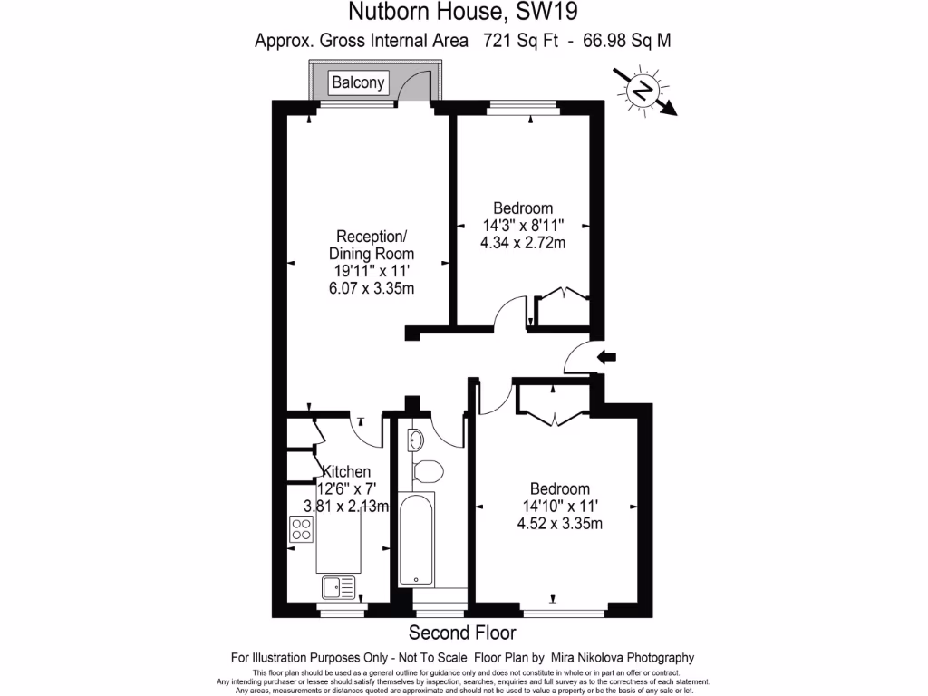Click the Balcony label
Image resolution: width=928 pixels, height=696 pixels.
point(358,83)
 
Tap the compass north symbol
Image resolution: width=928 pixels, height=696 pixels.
point(643,90)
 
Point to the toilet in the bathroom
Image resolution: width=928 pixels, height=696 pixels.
point(425,470)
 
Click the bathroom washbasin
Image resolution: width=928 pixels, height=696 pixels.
point(415,441)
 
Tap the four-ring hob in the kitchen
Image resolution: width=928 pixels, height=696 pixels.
point(301,528)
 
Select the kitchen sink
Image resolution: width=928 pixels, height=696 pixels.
point(339,588)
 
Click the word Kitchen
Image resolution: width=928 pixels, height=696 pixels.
point(346,471)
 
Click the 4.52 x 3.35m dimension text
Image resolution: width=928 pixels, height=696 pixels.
point(559,523)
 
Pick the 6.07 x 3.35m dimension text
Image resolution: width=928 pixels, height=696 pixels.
point(371,288)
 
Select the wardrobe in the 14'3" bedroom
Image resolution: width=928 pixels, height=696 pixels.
point(563,307)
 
